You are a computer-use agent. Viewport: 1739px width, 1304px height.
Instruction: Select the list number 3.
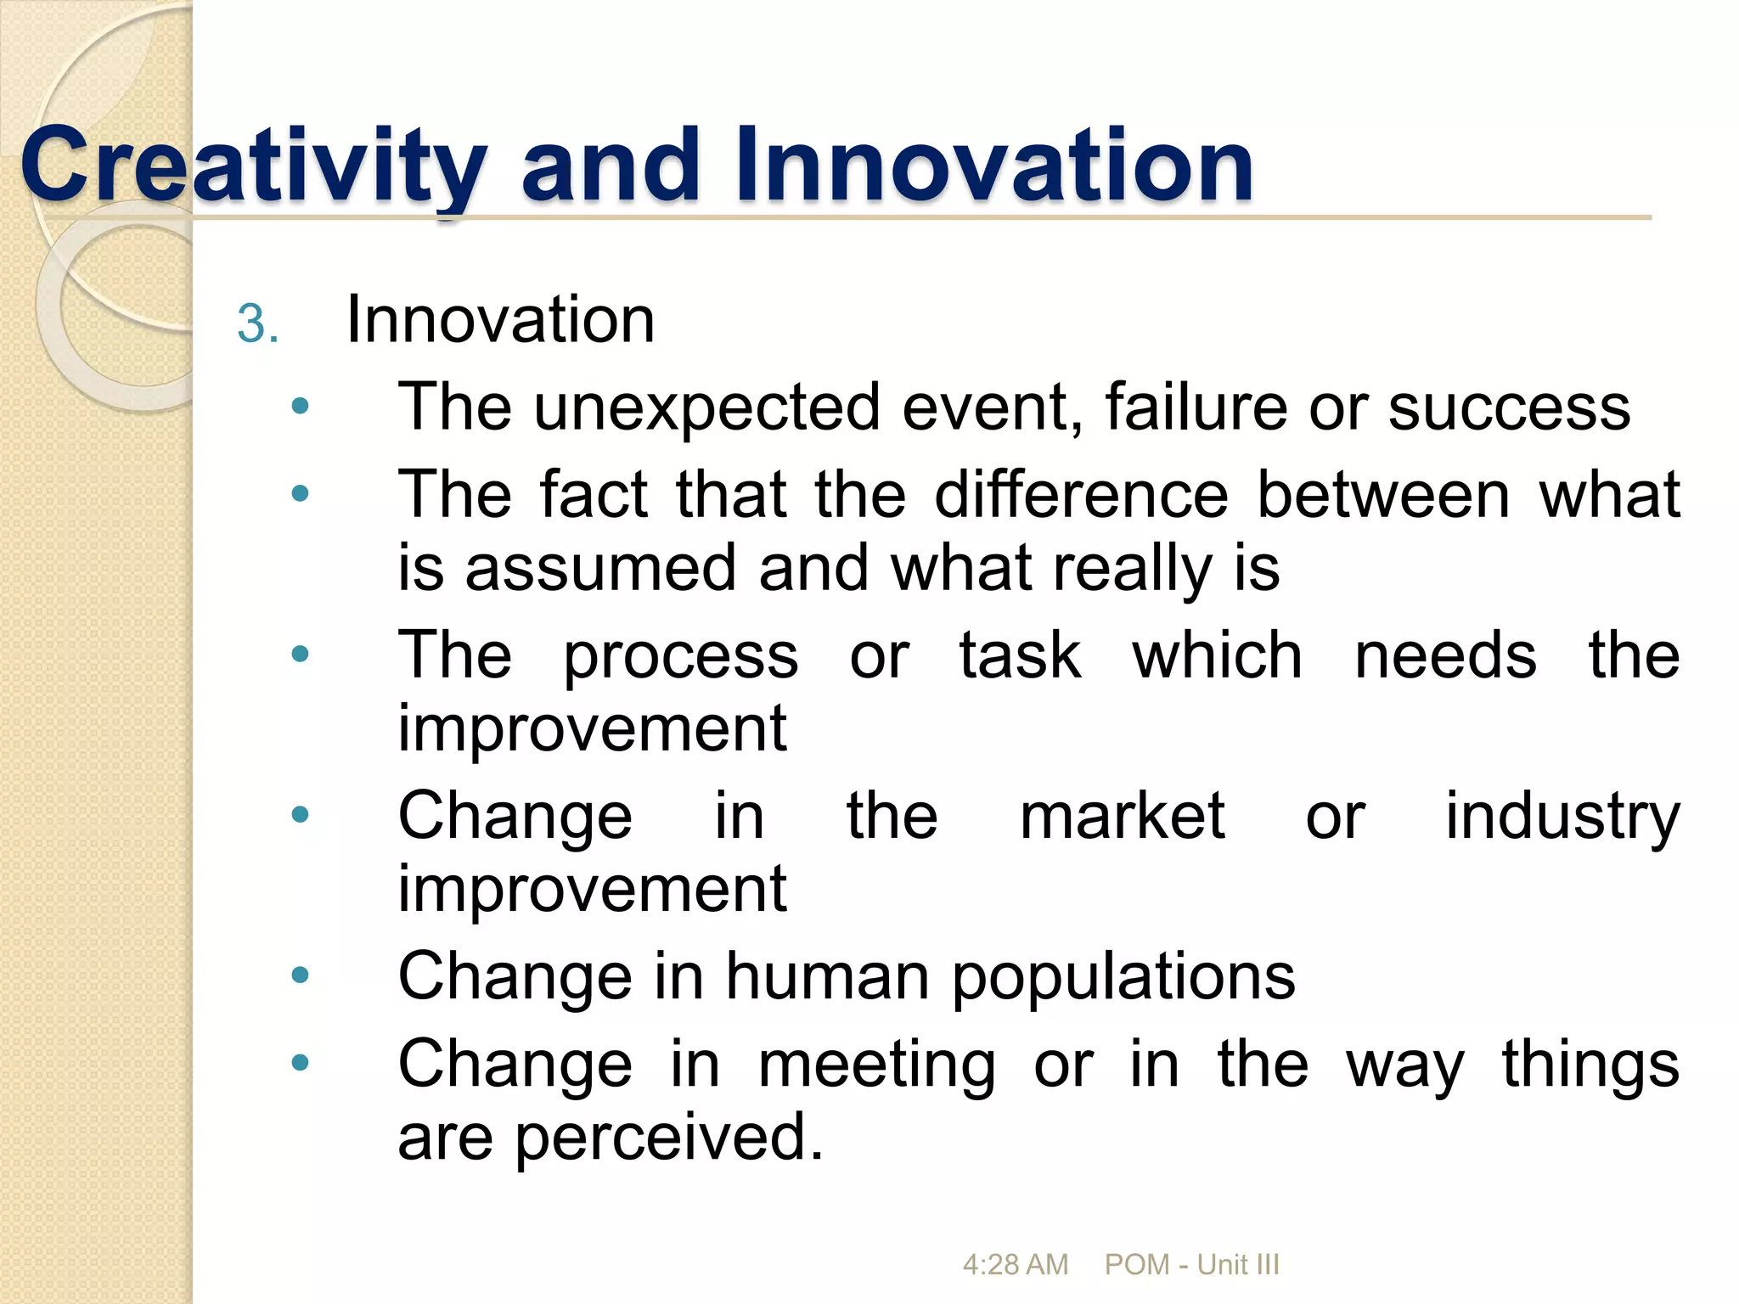click(x=257, y=324)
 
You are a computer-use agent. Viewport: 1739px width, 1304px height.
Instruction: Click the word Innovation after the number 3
click(x=500, y=320)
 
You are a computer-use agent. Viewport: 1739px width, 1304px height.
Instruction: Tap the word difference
click(x=1081, y=495)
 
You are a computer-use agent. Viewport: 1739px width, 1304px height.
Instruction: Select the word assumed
click(x=599, y=569)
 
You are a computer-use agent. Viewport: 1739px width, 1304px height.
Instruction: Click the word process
click(x=680, y=657)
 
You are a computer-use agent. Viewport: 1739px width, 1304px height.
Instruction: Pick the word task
click(x=1020, y=655)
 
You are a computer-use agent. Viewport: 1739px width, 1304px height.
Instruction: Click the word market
click(x=1122, y=816)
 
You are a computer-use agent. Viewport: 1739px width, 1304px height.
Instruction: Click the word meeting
click(x=876, y=1066)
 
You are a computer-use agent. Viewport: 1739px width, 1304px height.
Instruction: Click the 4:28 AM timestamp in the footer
click(x=1015, y=1265)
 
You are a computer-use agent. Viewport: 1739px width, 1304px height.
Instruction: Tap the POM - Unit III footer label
click(x=1191, y=1265)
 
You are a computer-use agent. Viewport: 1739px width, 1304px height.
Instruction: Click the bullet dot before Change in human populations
click(x=300, y=975)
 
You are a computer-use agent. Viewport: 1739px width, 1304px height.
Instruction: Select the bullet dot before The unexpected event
click(x=300, y=406)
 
